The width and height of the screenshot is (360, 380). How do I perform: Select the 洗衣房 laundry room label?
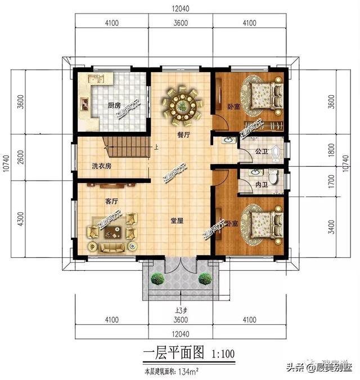pos(102,166)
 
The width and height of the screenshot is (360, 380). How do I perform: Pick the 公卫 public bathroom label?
pos(260,151)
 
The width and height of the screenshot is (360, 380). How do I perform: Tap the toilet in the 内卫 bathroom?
pos(273,178)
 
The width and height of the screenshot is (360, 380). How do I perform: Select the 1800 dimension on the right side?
pos(331,151)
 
